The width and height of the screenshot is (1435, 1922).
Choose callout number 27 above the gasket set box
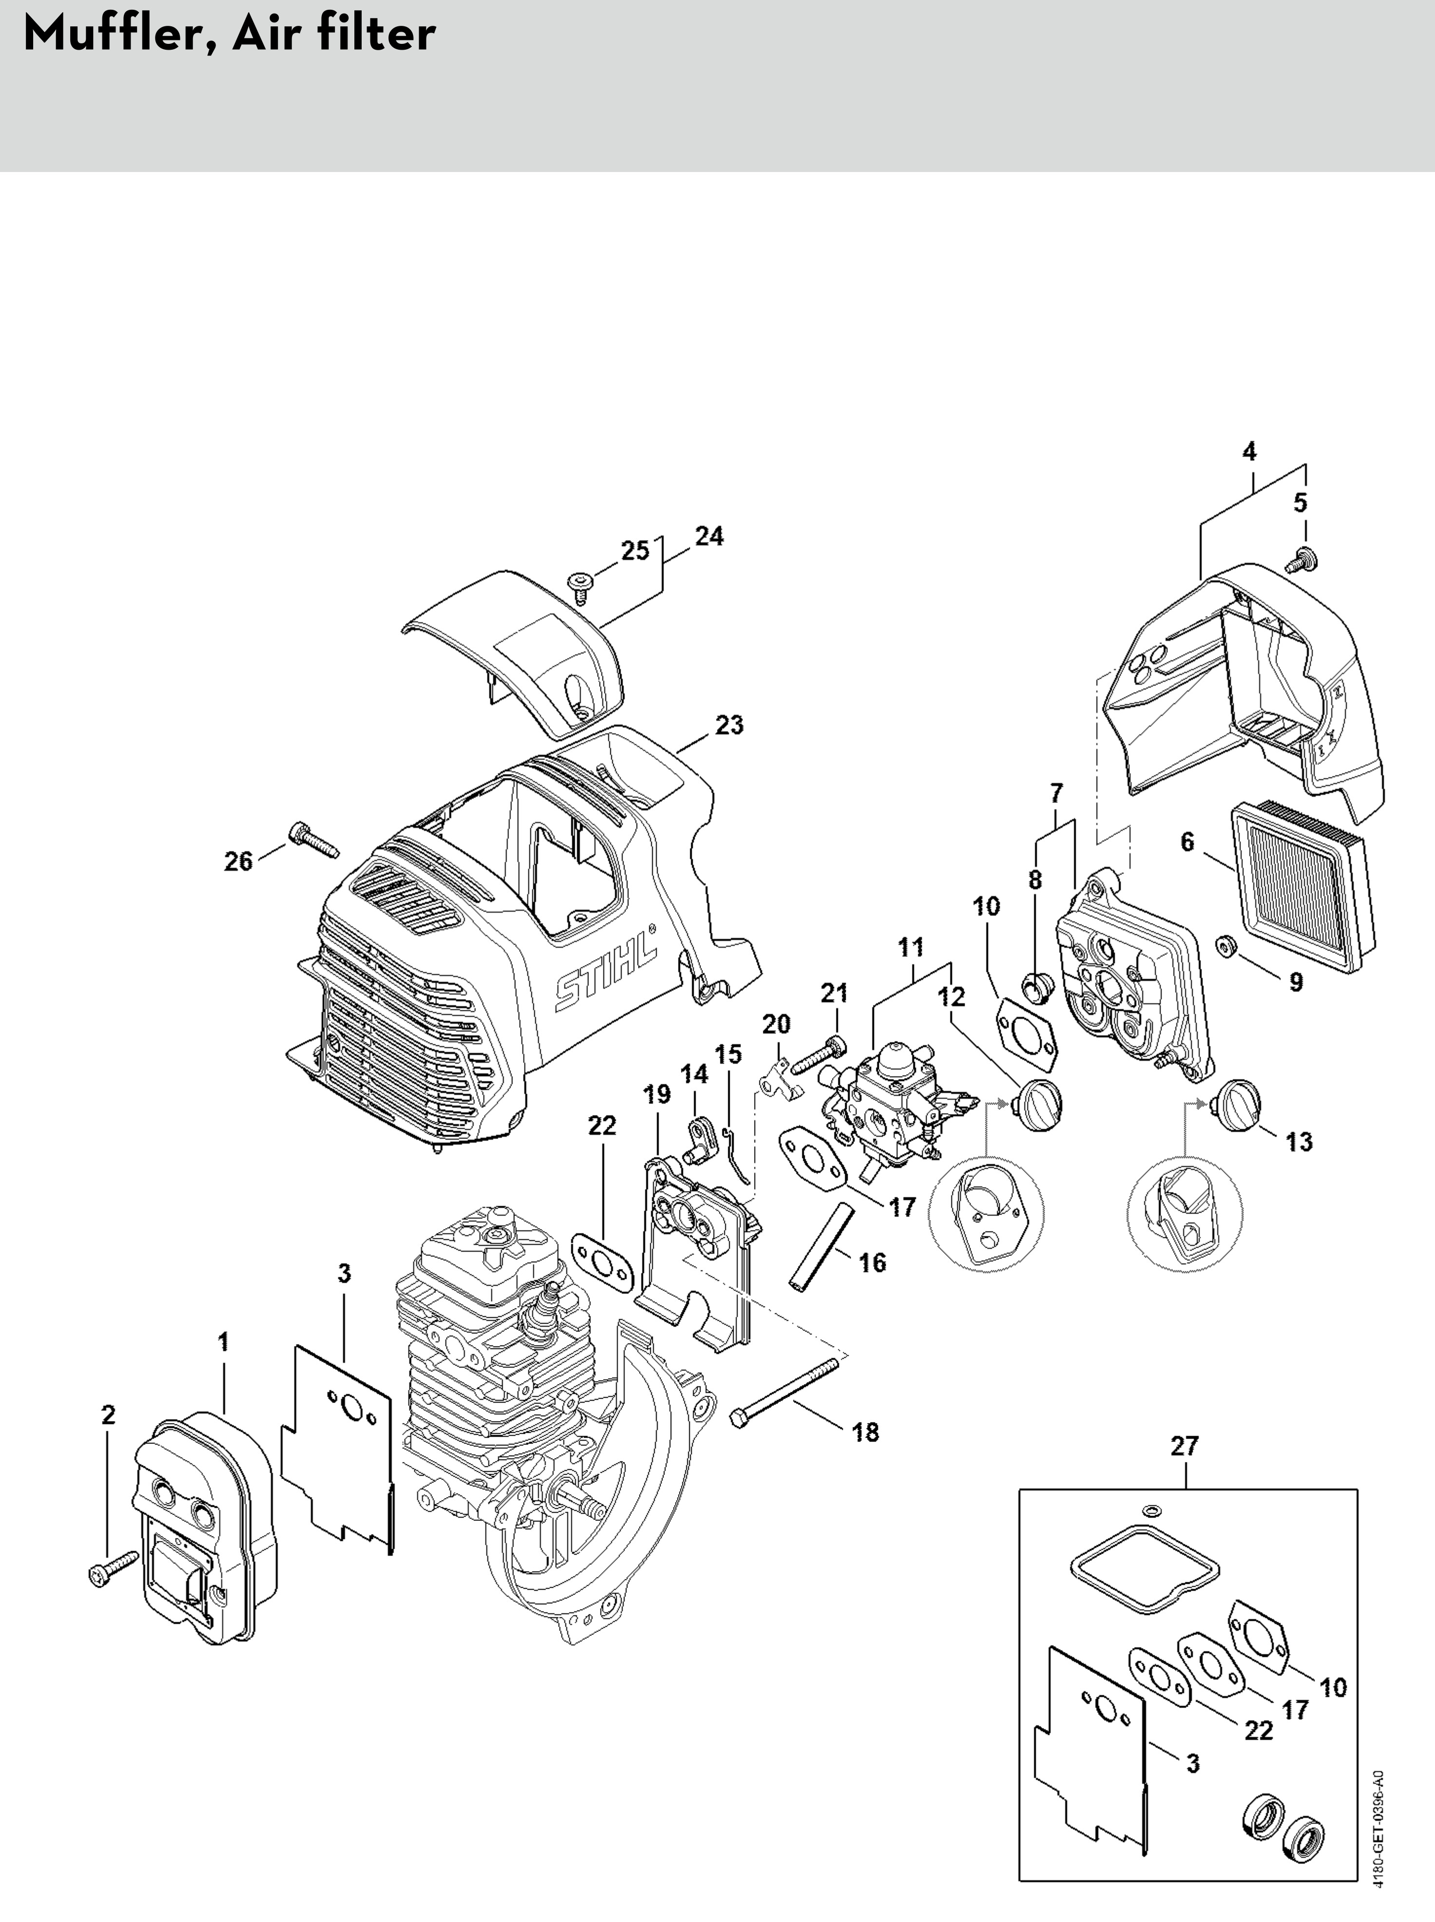click(1184, 1445)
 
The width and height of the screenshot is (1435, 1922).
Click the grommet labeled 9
click(1226, 944)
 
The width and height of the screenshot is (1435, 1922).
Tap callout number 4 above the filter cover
click(1249, 452)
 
